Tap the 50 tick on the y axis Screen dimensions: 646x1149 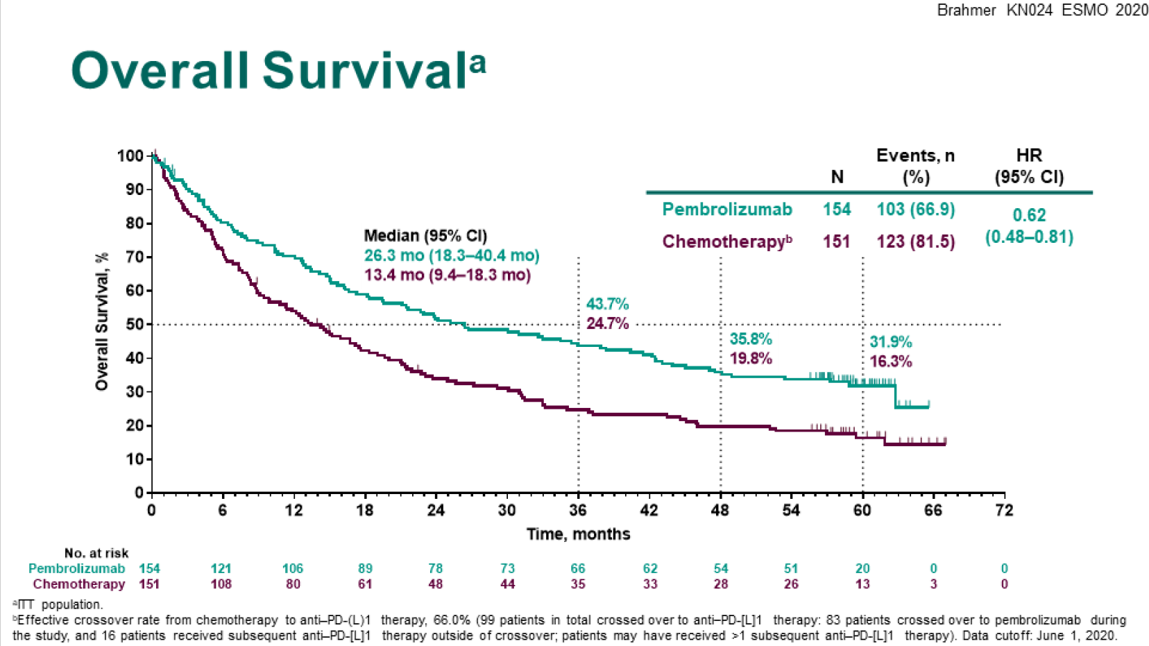(x=135, y=325)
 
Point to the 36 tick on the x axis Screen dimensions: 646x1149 (x=578, y=511)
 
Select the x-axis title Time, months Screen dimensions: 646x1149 (x=578, y=534)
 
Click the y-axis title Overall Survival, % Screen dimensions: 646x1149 (x=102, y=321)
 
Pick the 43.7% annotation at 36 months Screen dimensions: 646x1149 (x=607, y=304)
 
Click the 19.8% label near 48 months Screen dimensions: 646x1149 (x=751, y=359)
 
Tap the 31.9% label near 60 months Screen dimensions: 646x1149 (x=891, y=342)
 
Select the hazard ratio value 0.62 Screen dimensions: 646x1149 (x=1029, y=215)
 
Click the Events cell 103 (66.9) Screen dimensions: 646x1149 (x=916, y=210)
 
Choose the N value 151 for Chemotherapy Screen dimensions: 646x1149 (x=837, y=241)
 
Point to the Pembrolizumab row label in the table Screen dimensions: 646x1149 (x=726, y=210)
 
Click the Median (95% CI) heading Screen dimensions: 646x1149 (x=425, y=236)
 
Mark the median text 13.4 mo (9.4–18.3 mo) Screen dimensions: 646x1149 (x=448, y=275)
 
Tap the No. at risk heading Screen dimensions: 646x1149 (x=96, y=553)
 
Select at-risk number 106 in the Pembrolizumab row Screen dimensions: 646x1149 (x=293, y=568)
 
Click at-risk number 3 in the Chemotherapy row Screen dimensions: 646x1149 (x=933, y=584)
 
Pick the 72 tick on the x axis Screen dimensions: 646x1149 (x=1004, y=511)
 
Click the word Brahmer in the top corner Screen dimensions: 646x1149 (x=967, y=10)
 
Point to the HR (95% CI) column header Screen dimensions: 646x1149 (x=1029, y=166)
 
